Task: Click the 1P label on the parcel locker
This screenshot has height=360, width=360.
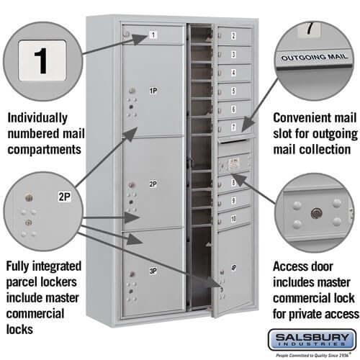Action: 153,91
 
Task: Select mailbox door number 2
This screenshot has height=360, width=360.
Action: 234,36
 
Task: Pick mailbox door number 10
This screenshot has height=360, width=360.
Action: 234,217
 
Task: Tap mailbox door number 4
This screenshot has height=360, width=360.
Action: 234,72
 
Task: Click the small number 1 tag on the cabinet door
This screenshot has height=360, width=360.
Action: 153,34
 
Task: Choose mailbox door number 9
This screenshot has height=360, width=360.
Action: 234,199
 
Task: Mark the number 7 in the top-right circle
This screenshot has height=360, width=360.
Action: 310,30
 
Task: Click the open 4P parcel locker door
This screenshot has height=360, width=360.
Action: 232,270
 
